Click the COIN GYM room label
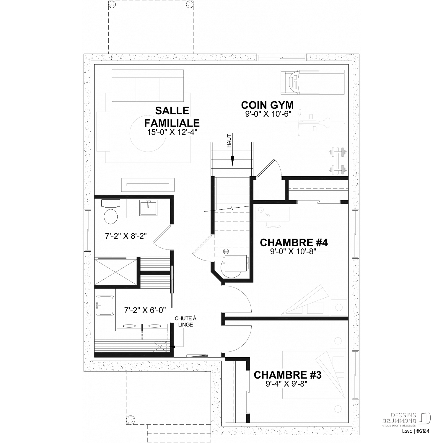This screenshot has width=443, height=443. (x=267, y=105)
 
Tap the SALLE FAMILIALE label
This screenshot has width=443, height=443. (x=172, y=117)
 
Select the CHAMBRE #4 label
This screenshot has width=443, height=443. (x=294, y=242)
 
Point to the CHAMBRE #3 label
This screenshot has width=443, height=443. (x=288, y=375)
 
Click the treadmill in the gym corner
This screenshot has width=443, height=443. (x=312, y=82)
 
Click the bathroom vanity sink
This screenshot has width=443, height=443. (x=149, y=208)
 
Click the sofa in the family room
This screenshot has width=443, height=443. (x=148, y=86)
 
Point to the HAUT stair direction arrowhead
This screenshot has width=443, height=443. (x=232, y=161)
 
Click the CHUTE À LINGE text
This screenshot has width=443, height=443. (x=185, y=322)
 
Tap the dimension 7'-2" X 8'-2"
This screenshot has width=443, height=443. (x=126, y=236)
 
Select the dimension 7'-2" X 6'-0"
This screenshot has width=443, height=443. (x=145, y=310)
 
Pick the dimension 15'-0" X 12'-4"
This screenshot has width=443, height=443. (x=172, y=132)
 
